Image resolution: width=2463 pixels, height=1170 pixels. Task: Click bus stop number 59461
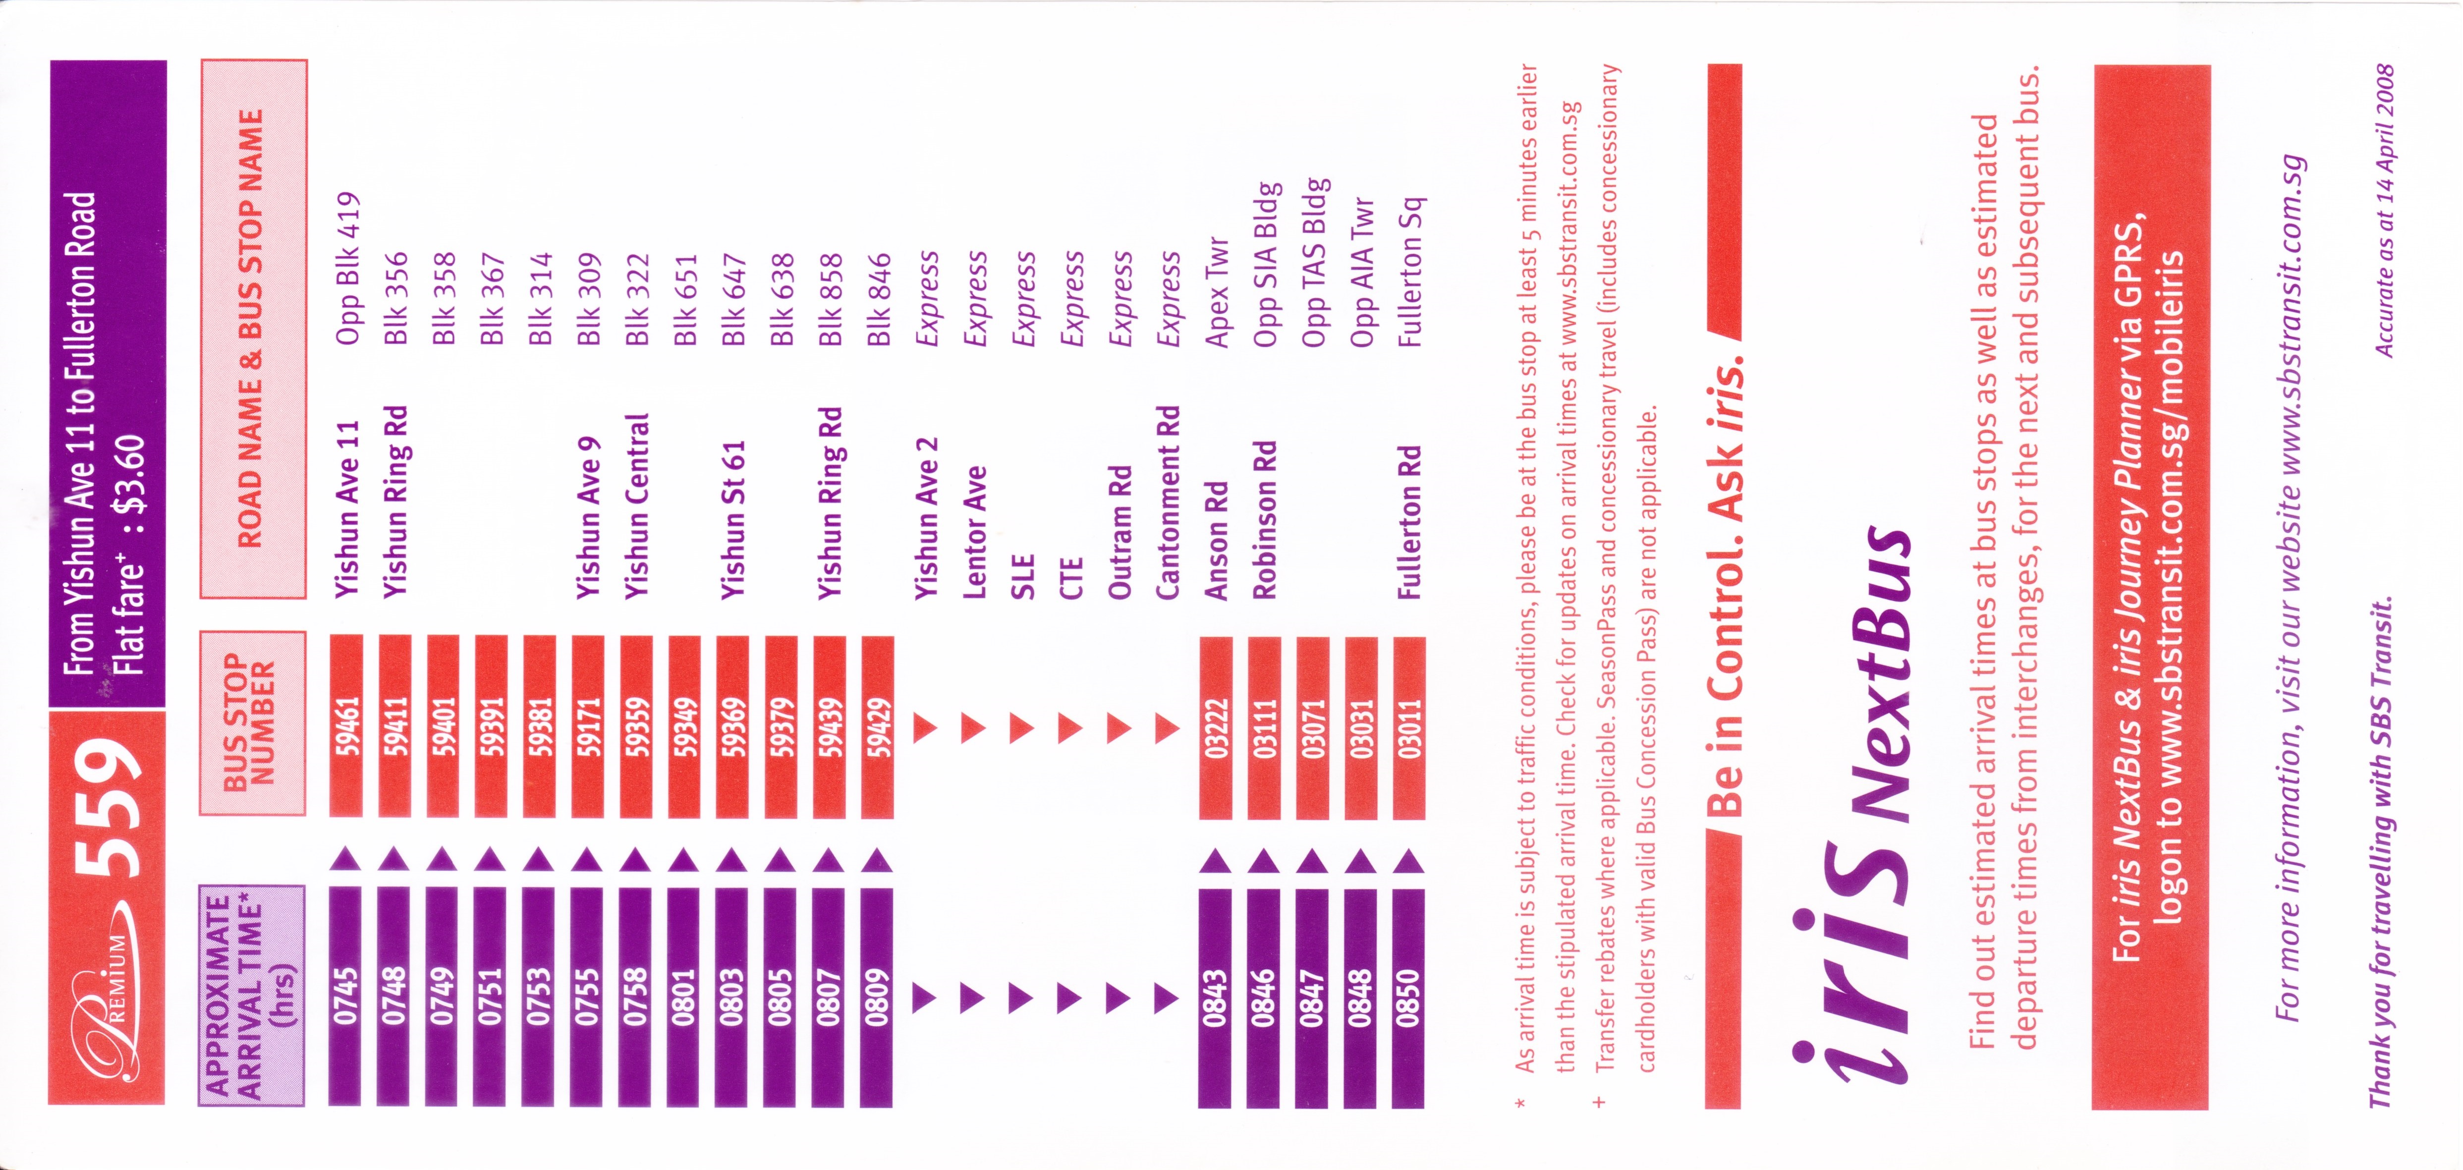click(x=346, y=726)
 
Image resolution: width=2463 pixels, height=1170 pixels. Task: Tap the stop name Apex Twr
click(x=1216, y=291)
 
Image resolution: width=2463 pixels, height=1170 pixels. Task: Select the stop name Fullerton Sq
click(x=1409, y=273)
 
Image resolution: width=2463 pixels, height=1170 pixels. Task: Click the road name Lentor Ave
click(x=974, y=532)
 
